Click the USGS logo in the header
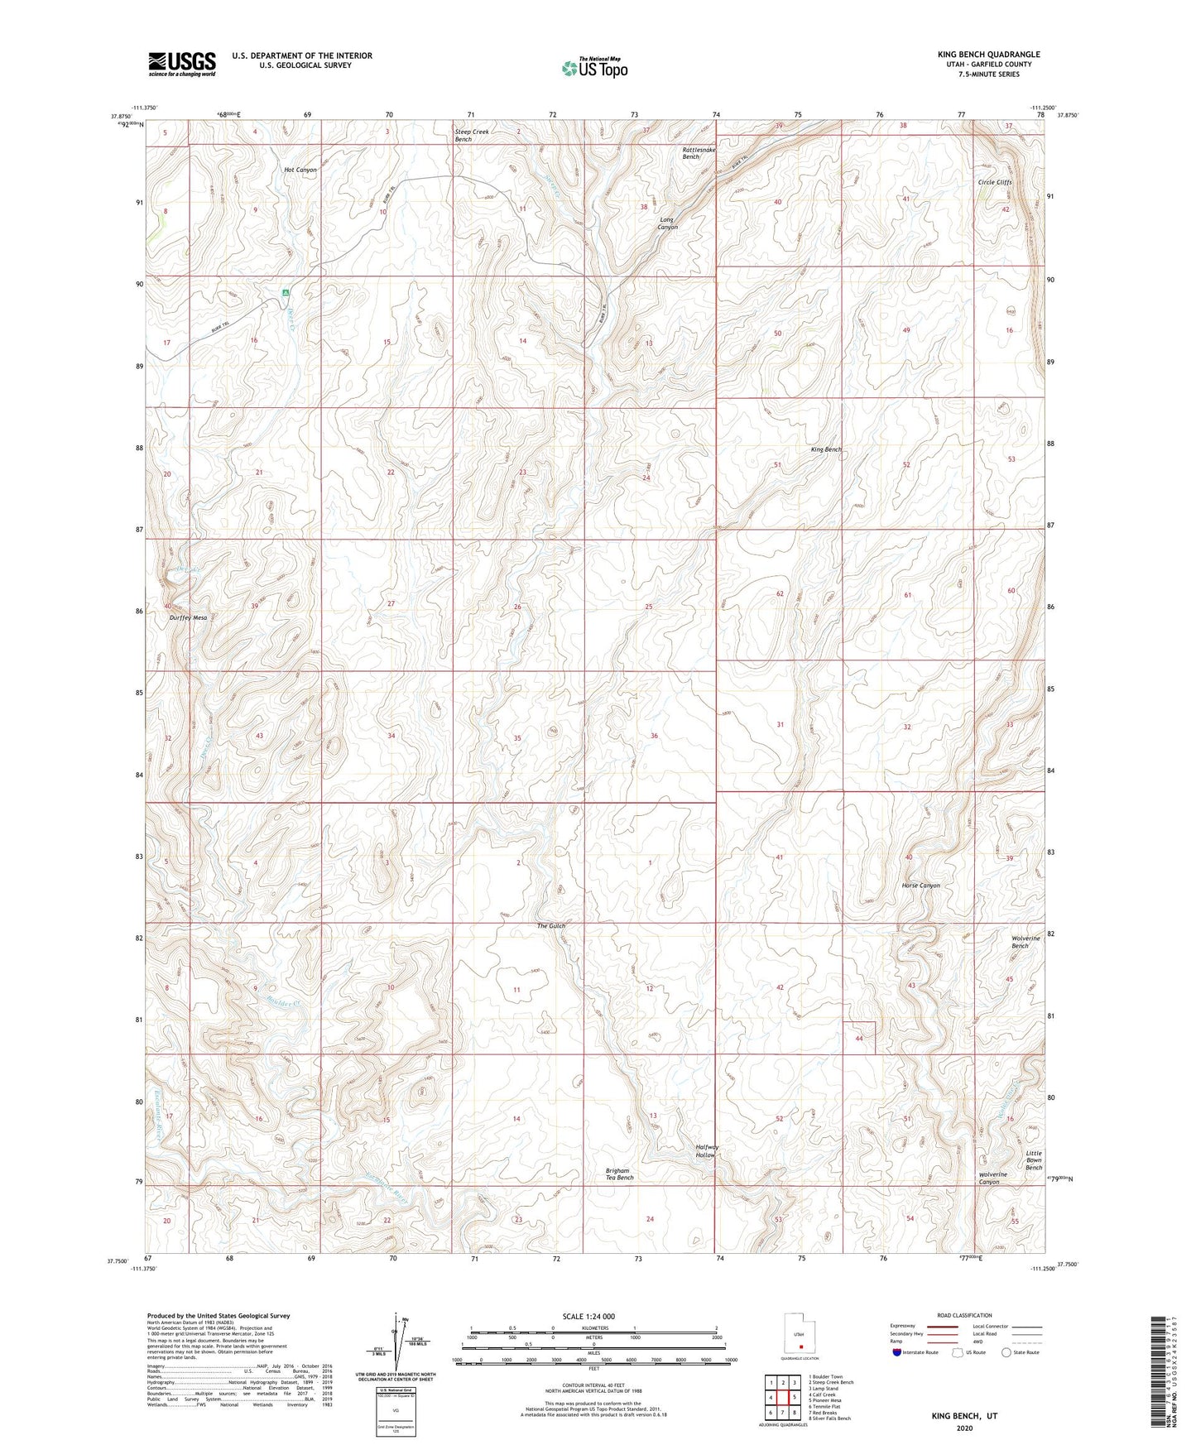tap(181, 64)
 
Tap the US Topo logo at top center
tap(593, 68)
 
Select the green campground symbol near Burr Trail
tap(286, 292)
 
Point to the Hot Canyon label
tap(300, 170)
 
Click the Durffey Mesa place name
tap(188, 617)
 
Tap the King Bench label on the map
tap(826, 449)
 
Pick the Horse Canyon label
tap(920, 886)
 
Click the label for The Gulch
tap(551, 926)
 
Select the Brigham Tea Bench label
tap(619, 1174)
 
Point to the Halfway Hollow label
tap(707, 1150)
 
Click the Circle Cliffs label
tap(995, 182)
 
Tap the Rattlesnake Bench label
tap(699, 153)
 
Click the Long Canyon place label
tap(667, 223)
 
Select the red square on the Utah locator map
tap(800, 1333)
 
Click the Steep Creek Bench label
tap(472, 135)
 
